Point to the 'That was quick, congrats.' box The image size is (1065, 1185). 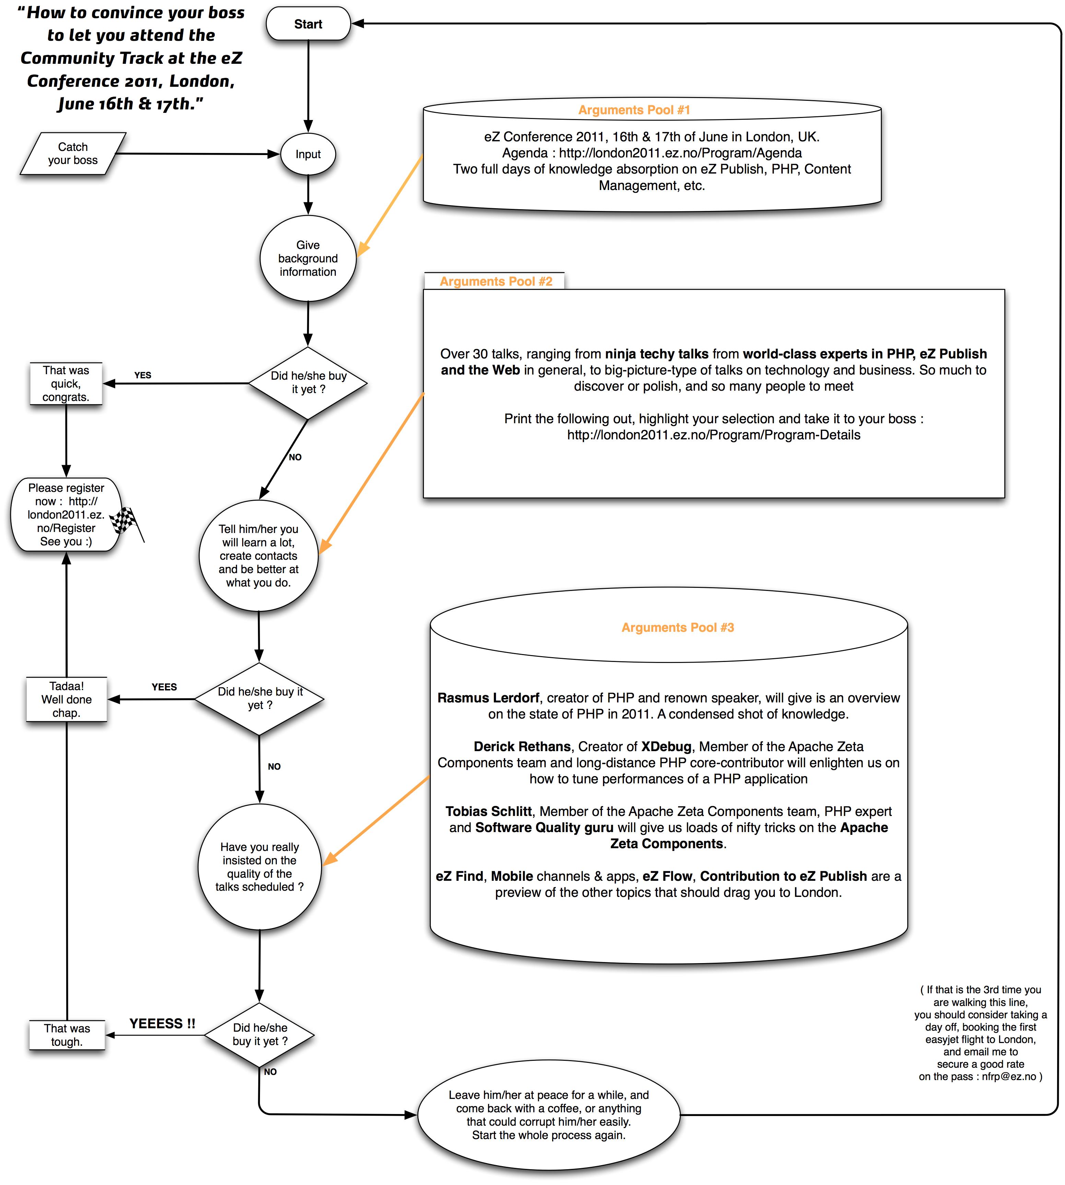pos(66,384)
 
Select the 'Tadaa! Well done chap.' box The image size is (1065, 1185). pos(67,699)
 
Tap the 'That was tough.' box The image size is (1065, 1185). pos(67,1035)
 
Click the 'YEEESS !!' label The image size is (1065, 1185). pos(162,1023)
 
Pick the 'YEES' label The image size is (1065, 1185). pos(164,687)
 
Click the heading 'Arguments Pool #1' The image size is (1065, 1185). pos(634,110)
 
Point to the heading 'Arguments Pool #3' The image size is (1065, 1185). pos(678,627)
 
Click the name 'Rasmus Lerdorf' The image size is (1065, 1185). pos(488,698)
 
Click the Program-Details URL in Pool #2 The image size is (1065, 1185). pos(713,435)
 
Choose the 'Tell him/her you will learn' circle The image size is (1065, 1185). pos(259,556)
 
